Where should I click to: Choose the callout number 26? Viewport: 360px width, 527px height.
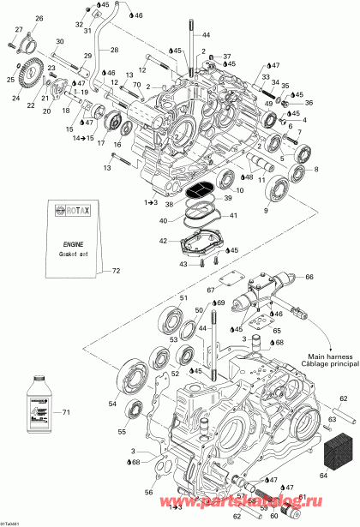39,18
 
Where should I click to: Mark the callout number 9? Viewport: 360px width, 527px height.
241,211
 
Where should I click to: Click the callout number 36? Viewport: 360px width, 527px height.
309,104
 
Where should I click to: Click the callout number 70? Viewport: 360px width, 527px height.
138,75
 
